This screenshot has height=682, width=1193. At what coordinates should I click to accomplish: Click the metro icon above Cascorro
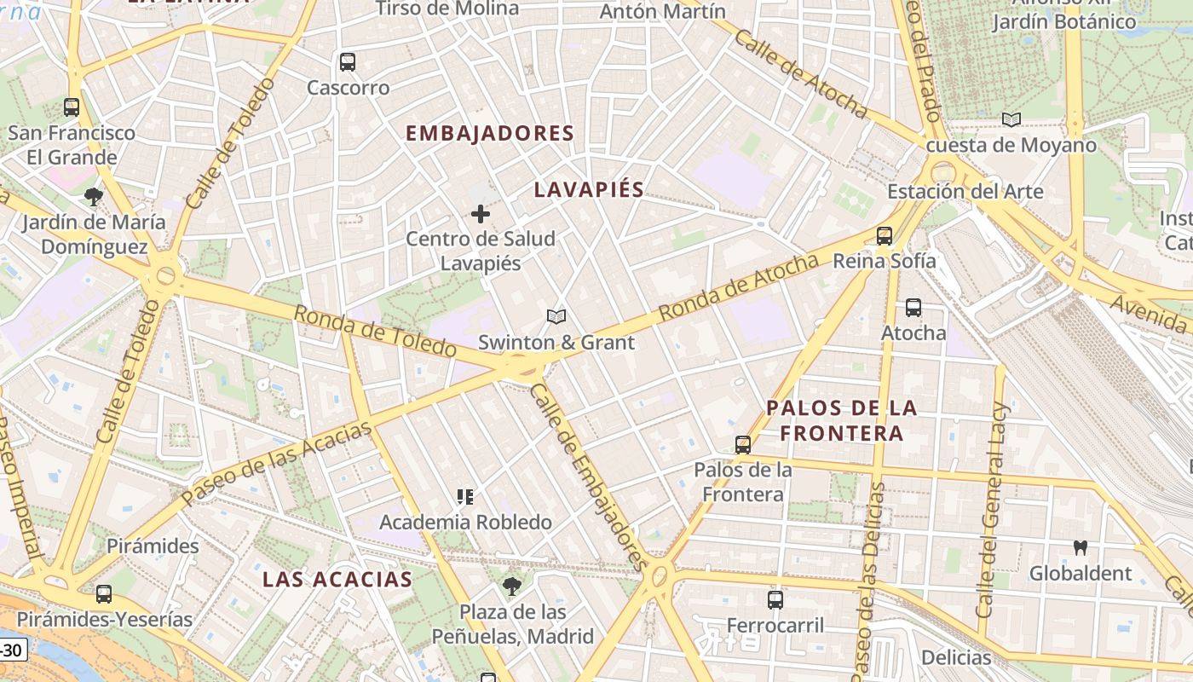(347, 62)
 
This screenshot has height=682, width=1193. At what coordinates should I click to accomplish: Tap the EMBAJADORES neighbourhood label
(490, 134)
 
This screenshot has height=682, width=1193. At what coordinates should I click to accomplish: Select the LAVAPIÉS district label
(589, 189)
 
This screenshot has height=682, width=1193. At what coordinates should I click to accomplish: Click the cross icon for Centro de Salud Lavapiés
(481, 214)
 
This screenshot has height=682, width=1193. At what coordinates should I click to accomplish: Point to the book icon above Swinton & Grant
(556, 317)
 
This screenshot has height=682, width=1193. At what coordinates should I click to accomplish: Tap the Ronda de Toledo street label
(375, 332)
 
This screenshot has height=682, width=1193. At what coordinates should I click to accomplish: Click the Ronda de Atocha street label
(739, 288)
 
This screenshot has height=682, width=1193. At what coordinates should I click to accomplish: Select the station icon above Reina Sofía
(885, 236)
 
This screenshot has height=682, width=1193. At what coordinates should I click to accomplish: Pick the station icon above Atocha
(913, 308)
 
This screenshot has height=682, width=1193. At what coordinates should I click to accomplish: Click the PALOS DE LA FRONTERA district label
(842, 420)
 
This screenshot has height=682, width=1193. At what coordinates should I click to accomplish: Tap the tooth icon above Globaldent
(1081, 548)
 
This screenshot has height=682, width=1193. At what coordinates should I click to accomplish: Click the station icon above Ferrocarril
(775, 600)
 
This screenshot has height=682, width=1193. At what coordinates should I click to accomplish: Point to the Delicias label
(956, 657)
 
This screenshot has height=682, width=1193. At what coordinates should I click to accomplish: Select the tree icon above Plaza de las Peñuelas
(511, 587)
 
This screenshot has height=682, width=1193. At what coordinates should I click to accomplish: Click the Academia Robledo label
(465, 522)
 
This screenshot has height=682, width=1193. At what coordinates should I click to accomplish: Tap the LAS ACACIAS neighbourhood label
(337, 580)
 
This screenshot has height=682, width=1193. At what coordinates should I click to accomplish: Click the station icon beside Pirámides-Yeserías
(104, 594)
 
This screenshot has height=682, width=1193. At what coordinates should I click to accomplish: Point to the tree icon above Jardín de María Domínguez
(94, 198)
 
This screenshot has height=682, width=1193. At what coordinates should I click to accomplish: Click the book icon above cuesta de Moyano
(1011, 120)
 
